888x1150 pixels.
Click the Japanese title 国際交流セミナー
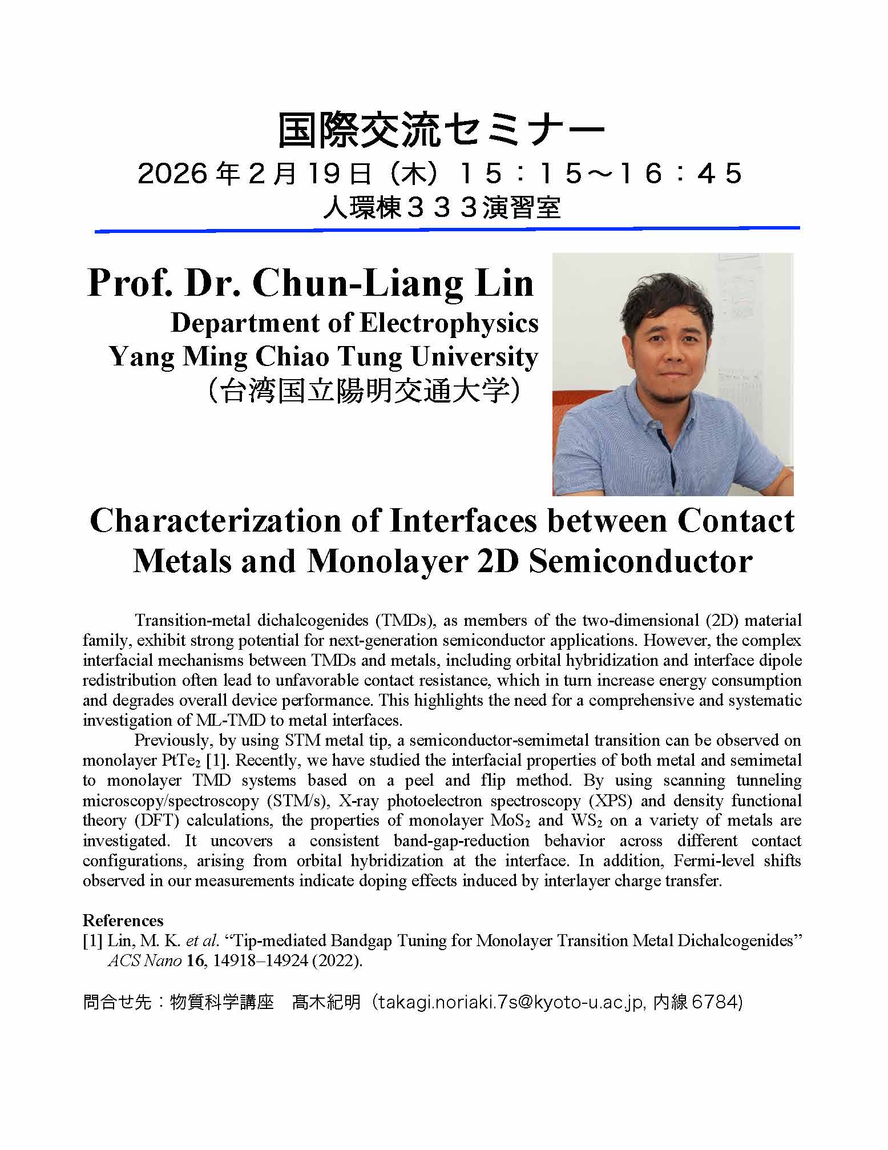441,131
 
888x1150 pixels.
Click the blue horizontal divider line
447,230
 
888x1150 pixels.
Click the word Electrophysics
449,323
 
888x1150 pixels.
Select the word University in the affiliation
474,357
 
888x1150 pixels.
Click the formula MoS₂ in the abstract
511,821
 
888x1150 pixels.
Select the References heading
123,920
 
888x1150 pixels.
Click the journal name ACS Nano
144,961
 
